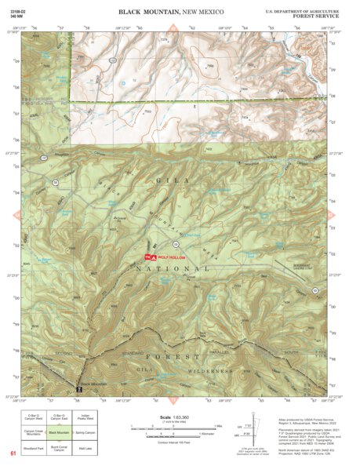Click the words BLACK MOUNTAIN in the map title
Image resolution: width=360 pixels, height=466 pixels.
click(149, 13)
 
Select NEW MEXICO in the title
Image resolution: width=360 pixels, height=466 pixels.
click(201, 13)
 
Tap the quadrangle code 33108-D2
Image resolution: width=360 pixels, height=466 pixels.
click(20, 10)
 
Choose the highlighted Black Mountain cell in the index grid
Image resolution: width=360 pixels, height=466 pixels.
click(59, 431)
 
